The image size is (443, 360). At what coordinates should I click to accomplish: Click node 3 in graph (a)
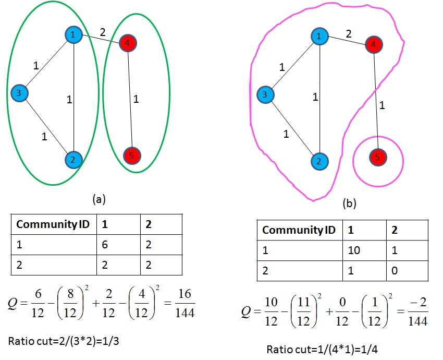(x=19, y=93)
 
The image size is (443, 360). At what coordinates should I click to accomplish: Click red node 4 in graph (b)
(x=373, y=44)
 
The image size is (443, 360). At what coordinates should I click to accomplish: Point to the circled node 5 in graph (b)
(x=377, y=157)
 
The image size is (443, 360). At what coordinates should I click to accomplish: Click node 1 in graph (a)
(x=73, y=34)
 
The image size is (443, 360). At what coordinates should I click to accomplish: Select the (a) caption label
(x=99, y=199)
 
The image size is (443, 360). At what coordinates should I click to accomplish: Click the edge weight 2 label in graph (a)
(x=103, y=32)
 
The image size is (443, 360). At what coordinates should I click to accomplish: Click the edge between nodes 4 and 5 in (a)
(x=129, y=99)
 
